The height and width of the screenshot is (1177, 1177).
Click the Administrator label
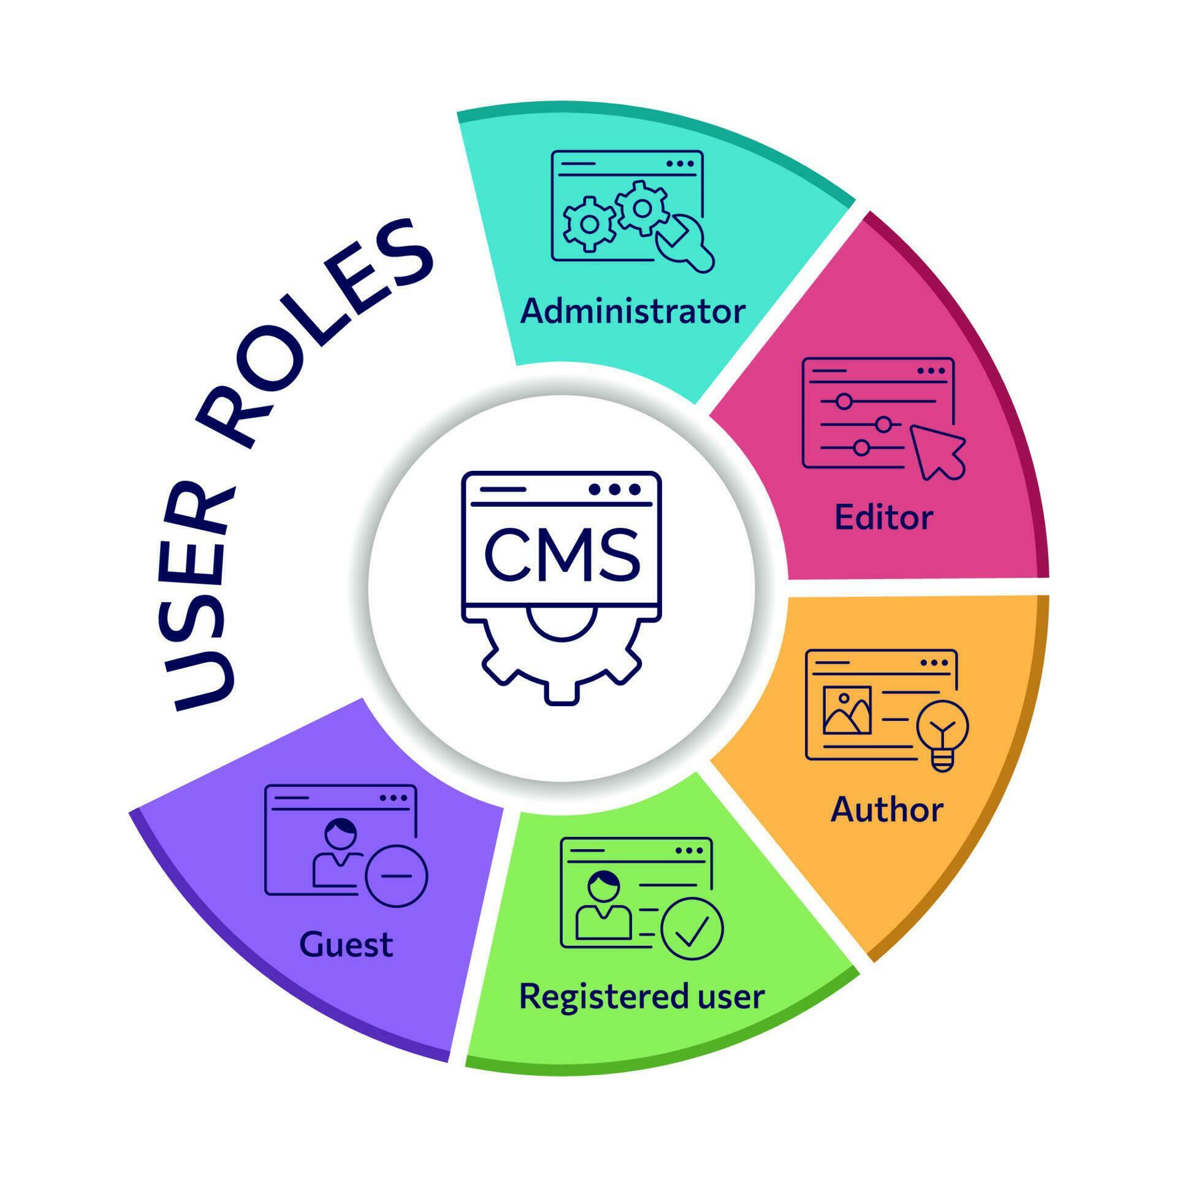(633, 311)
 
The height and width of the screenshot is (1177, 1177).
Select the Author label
(886, 810)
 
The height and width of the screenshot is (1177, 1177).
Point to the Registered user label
(642, 996)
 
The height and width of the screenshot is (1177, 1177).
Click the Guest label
(346, 945)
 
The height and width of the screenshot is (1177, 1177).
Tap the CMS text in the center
(562, 555)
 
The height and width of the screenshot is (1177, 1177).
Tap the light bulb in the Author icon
(942, 732)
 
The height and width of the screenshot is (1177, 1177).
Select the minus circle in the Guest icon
(396, 876)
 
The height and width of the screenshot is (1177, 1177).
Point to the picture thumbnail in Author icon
(847, 710)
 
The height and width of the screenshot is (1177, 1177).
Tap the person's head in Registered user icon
(604, 885)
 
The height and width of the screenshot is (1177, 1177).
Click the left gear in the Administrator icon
(589, 224)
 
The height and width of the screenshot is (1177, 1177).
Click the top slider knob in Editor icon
(844, 402)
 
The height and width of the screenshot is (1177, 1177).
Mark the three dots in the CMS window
(614, 489)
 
